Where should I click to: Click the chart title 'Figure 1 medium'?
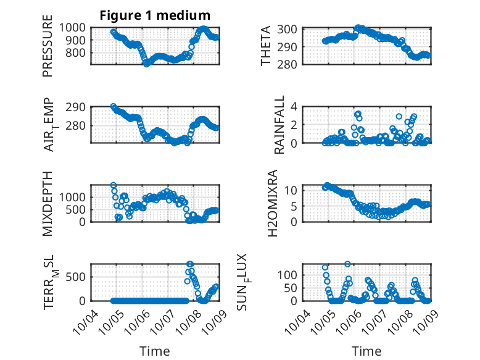point(155,15)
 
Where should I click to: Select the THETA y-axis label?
point(265,46)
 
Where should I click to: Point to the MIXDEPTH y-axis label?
point(48,204)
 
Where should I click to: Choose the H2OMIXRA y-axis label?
point(265,204)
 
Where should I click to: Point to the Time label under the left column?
point(155,351)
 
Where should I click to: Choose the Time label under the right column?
point(367,351)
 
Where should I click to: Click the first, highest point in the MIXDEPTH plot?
point(114,185)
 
